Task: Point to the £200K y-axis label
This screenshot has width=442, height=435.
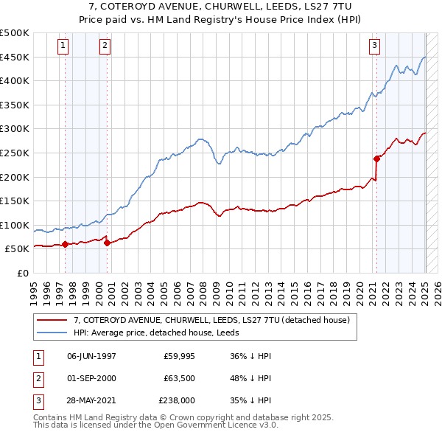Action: point(15,177)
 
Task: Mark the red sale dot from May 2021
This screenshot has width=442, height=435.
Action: point(376,159)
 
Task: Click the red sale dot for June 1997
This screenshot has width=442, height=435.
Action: point(65,244)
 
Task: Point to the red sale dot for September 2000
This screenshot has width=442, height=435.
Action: point(107,243)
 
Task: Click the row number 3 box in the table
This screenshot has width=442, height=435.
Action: point(37,400)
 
